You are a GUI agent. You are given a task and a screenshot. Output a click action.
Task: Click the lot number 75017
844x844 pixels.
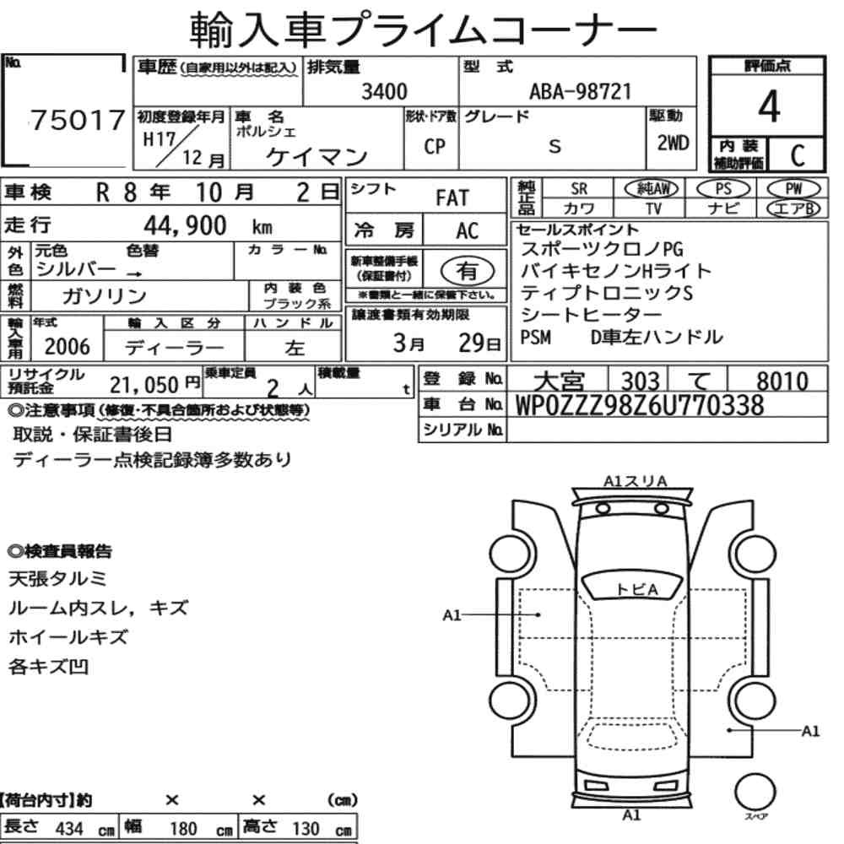pyautogui.click(x=78, y=120)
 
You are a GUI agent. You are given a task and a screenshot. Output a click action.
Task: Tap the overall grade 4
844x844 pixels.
pyautogui.click(x=769, y=106)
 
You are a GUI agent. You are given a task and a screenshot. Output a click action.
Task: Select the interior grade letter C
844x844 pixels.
pyautogui.click(x=798, y=155)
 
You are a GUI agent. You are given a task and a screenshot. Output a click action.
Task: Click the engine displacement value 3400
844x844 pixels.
pyautogui.click(x=384, y=91)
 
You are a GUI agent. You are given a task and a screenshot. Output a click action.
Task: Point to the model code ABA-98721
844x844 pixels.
pyautogui.click(x=580, y=91)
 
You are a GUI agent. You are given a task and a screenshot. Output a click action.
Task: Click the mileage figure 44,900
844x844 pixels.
pyautogui.click(x=185, y=225)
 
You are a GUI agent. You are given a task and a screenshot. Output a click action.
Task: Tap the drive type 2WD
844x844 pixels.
pyautogui.click(x=673, y=143)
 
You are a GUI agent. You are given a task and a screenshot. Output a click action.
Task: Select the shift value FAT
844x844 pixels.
pyautogui.click(x=452, y=198)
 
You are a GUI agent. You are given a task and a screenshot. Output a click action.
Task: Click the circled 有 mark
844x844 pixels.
pyautogui.click(x=468, y=271)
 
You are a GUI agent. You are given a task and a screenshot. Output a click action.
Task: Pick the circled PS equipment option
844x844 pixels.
pyautogui.click(x=723, y=189)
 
